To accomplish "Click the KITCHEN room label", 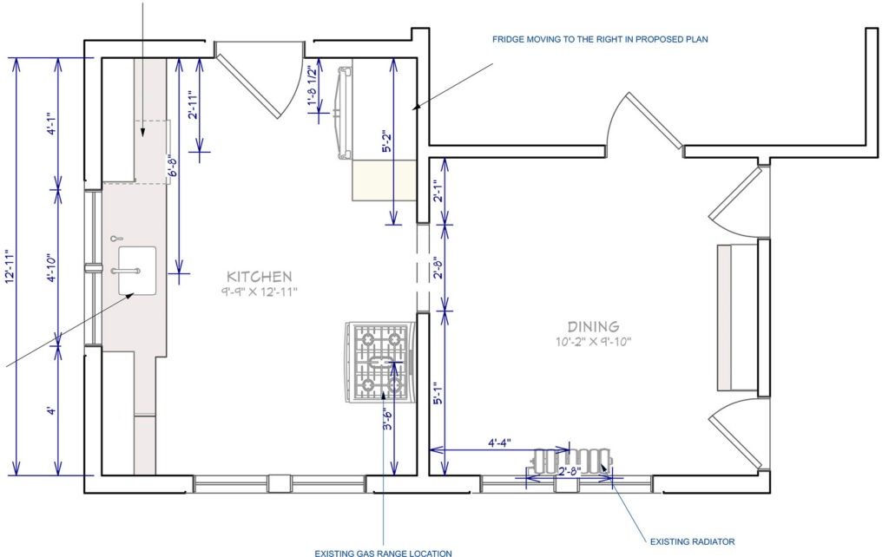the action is click(x=259, y=277).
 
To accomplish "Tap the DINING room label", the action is click(x=593, y=326).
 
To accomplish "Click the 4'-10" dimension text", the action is click(x=51, y=268).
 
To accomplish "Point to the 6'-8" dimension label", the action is click(x=173, y=166).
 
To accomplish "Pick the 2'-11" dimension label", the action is click(x=193, y=105).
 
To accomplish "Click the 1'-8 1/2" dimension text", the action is click(x=312, y=85).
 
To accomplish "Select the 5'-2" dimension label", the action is click(x=387, y=141).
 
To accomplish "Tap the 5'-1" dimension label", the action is click(x=438, y=394).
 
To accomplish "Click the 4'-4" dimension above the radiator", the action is click(x=499, y=442).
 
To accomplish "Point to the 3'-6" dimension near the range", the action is click(x=387, y=420).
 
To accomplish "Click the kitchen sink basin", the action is click(x=136, y=271).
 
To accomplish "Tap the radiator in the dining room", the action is click(x=573, y=461).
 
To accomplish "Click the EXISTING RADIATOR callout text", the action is click(x=692, y=541).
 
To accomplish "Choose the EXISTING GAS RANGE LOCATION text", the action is click(x=383, y=553).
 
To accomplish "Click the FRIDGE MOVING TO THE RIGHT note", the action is click(x=600, y=39).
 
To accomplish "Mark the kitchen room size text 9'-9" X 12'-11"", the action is click(x=259, y=292).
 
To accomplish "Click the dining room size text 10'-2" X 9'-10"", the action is click(x=593, y=342).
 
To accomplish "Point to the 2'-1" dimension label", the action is click(x=438, y=191).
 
